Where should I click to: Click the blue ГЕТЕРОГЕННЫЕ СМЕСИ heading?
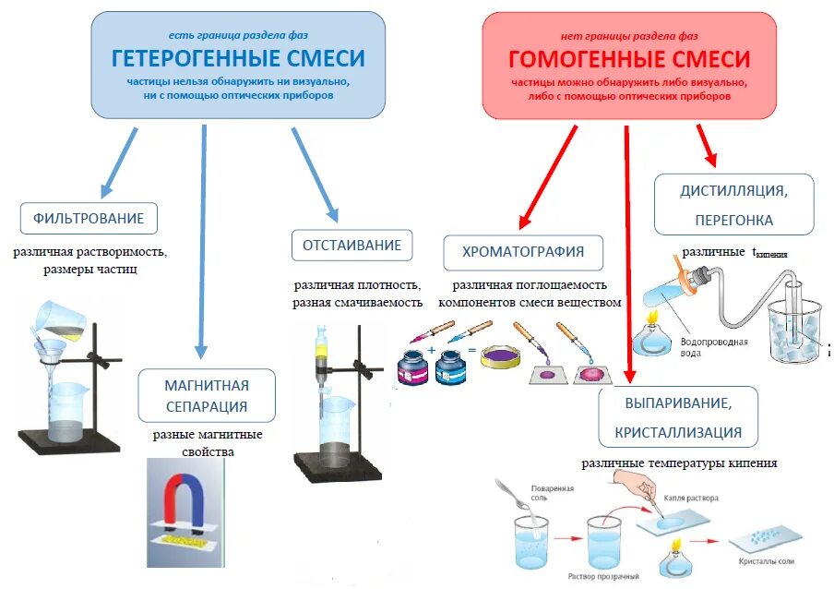[x=238, y=59]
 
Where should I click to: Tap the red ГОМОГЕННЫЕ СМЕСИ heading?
[x=629, y=60]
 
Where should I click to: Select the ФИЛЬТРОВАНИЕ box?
[x=89, y=219]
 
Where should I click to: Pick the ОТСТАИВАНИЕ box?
[x=351, y=246]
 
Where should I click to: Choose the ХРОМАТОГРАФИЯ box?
[x=523, y=251]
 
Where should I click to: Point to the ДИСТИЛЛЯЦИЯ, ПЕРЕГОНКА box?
[x=733, y=205]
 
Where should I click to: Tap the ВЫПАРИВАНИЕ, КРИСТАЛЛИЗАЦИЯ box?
[x=677, y=417]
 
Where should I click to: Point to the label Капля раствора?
[x=691, y=498]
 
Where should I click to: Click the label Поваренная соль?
[x=552, y=492]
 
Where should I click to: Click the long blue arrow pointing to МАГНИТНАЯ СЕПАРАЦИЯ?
[x=203, y=240]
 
